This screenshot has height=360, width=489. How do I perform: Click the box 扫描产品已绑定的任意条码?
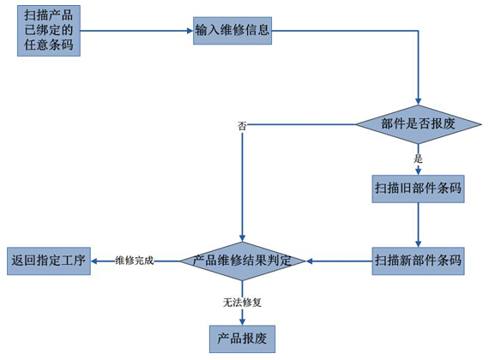pos(49,31)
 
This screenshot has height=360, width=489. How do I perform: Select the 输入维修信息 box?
pos(232,31)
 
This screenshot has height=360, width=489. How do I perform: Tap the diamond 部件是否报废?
pos(418,124)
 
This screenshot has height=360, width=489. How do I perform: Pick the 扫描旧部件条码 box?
pos(418,189)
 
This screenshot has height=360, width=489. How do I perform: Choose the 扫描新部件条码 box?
pos(418,261)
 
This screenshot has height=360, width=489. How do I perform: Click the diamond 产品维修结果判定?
pos(242,261)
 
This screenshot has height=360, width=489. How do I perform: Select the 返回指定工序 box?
pos(49,261)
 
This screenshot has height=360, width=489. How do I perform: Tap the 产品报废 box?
pos(242,339)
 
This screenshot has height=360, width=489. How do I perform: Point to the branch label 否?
pos(242,126)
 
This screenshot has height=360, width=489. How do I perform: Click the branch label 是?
pos(418,159)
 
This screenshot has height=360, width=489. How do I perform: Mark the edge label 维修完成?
pos(135,261)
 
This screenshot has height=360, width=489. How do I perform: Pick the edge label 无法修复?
pos(242,303)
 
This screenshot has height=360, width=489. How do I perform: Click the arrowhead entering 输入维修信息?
pos(190,31)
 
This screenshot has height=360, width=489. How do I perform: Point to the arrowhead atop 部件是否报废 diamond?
pos(418,102)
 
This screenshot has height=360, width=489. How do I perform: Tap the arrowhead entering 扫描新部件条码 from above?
pos(418,244)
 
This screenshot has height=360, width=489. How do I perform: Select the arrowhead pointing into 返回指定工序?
pos(94,261)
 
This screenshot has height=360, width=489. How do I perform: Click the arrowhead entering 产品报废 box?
pos(242,322)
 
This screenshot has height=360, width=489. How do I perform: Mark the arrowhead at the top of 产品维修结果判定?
pos(242,238)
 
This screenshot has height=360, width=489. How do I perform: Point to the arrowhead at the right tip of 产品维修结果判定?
pos(309,261)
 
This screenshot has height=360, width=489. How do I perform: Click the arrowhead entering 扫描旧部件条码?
pos(418,171)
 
